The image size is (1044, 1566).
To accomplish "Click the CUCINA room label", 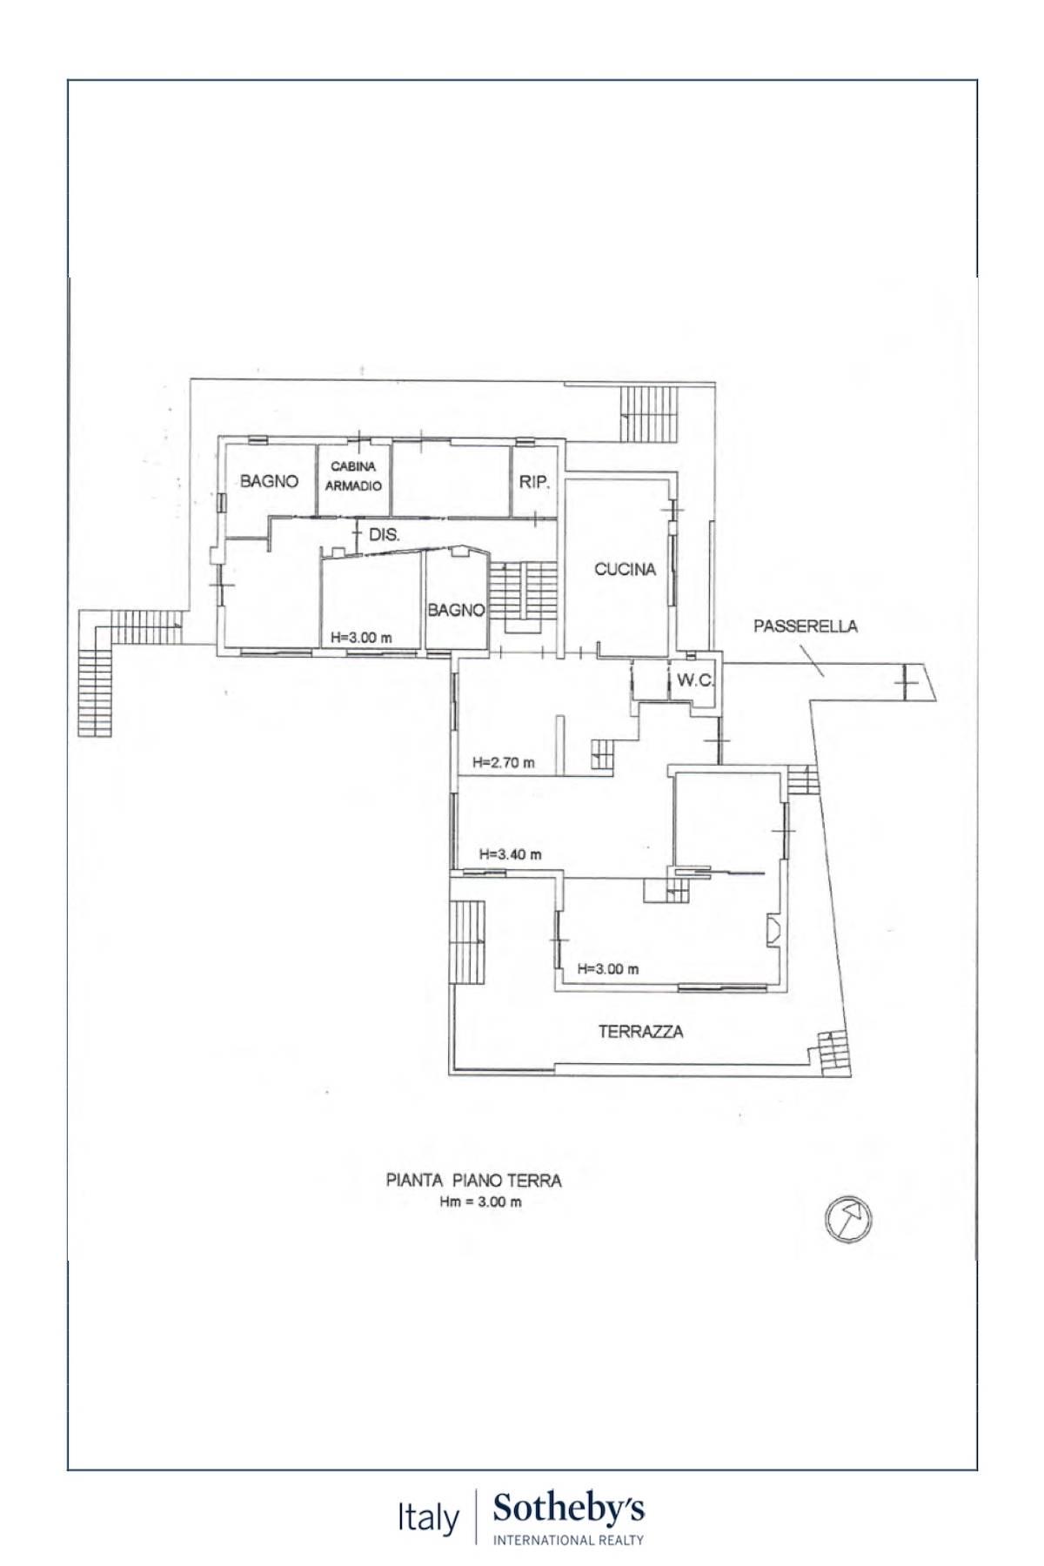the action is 625,570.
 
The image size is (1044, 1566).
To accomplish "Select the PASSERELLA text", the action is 805,626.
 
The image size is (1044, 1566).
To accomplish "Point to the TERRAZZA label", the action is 640,1032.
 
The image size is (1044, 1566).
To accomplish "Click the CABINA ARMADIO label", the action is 353,477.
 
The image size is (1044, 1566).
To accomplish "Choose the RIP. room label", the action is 535,481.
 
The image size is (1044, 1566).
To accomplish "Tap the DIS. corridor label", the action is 385,536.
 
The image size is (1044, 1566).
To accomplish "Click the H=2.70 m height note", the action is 504,763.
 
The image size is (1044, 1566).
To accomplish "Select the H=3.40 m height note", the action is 510,854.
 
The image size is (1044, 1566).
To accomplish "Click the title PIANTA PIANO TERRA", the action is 474,1181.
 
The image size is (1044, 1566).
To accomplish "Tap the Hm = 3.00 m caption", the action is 479,1203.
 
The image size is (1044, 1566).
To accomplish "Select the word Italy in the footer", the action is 428,1519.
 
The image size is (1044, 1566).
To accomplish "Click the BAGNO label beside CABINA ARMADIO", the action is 270,481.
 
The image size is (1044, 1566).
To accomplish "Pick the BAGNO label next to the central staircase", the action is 456,611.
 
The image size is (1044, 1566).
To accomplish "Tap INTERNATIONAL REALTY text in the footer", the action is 569,1540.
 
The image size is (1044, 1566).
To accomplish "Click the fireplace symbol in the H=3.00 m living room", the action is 772,932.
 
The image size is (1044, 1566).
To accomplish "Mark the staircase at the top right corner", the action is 648,414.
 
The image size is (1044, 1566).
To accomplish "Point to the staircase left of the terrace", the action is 468,942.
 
